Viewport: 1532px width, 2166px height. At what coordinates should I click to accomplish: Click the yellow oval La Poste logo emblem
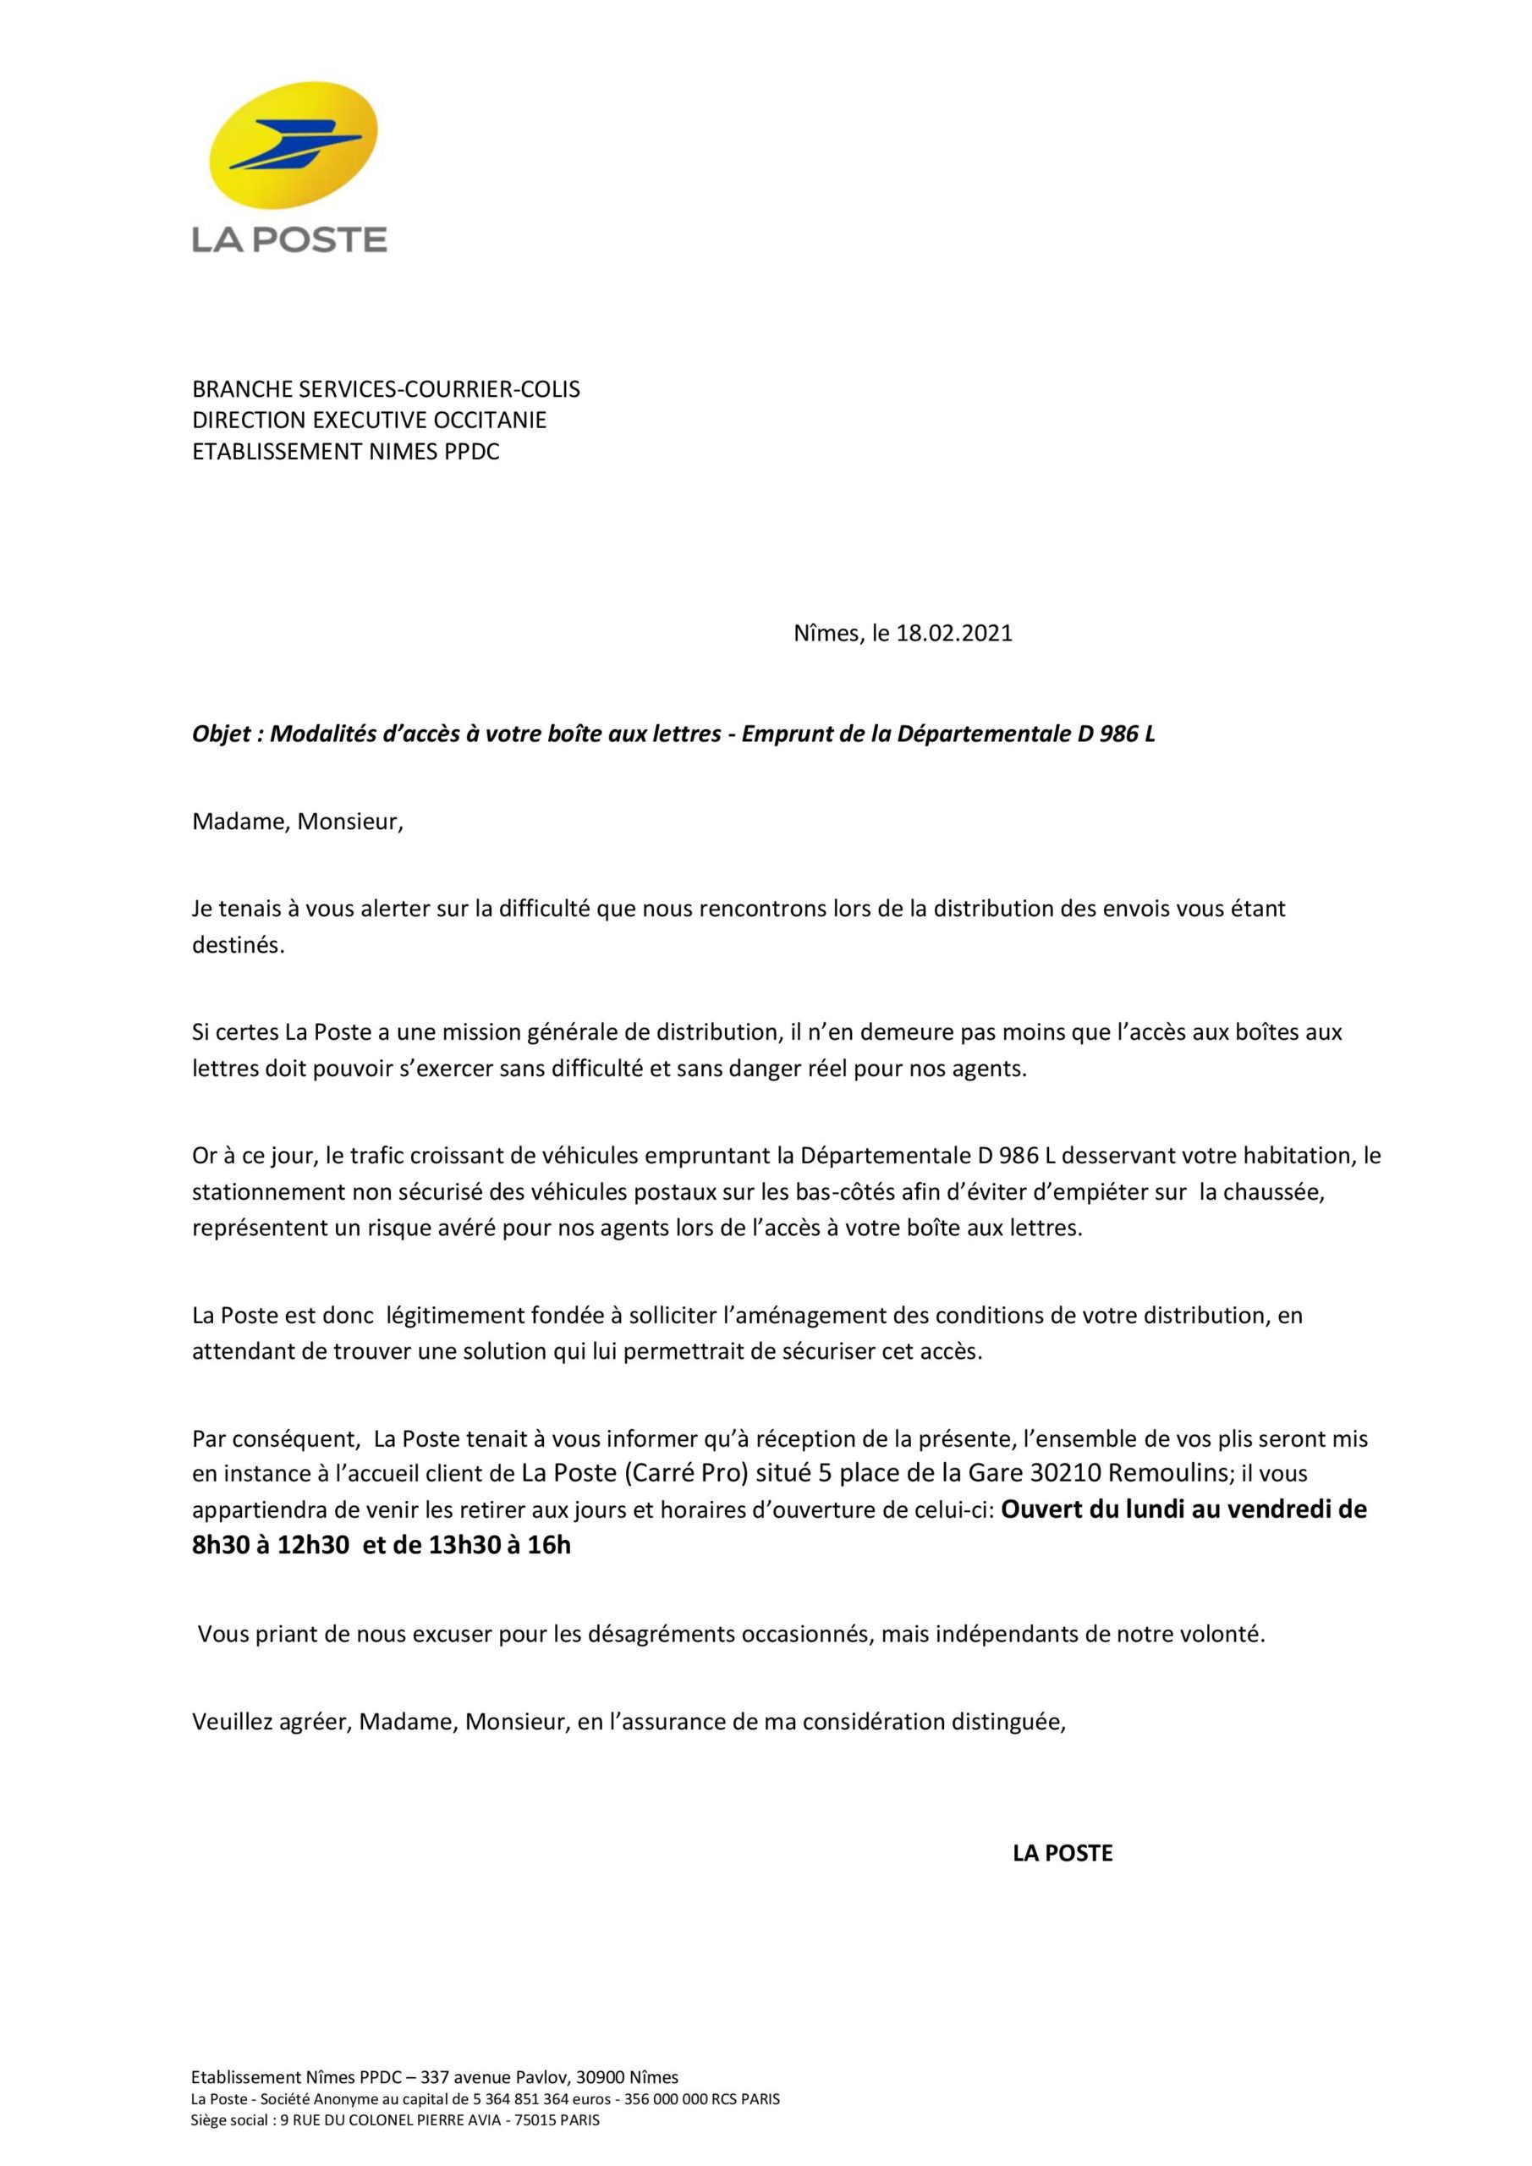[293, 146]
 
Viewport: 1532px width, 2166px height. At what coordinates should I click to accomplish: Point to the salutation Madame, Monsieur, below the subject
[297, 822]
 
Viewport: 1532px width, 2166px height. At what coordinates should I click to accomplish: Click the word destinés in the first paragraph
[238, 945]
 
